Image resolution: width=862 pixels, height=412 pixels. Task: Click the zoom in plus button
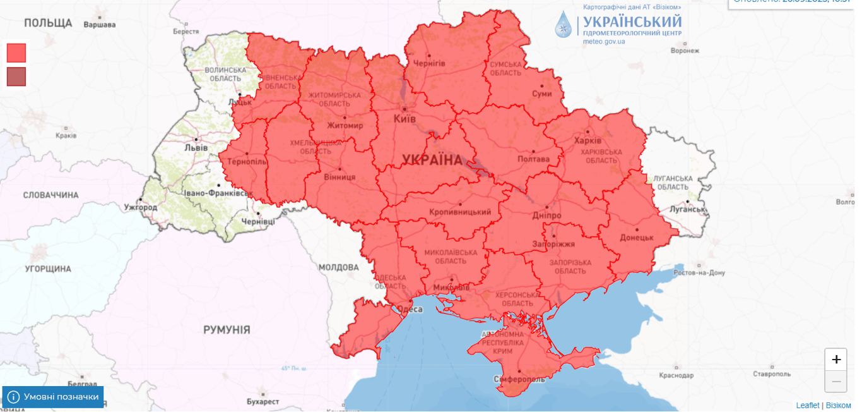(835, 360)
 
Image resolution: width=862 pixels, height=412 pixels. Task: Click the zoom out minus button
(835, 381)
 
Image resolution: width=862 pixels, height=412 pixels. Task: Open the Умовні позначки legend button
(53, 397)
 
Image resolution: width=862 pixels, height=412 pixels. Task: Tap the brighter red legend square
(16, 52)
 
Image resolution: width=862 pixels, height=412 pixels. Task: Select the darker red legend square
(16, 76)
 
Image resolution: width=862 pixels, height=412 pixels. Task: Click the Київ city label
(404, 119)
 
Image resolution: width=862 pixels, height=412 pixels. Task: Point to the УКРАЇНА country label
(432, 160)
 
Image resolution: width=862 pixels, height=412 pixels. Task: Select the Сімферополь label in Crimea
(518, 379)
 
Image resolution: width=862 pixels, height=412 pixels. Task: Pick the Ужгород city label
(141, 207)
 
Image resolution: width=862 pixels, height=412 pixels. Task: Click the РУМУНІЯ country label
(227, 330)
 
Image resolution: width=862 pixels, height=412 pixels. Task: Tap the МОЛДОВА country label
(338, 267)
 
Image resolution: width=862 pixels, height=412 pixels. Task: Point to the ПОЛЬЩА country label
(48, 23)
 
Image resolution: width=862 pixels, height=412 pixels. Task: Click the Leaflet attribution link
(807, 406)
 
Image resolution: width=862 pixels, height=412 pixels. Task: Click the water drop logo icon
(562, 25)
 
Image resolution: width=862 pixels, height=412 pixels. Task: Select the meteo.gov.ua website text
(604, 42)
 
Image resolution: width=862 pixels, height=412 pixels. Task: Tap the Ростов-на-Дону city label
(699, 273)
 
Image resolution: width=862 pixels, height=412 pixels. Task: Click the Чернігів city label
(429, 64)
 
